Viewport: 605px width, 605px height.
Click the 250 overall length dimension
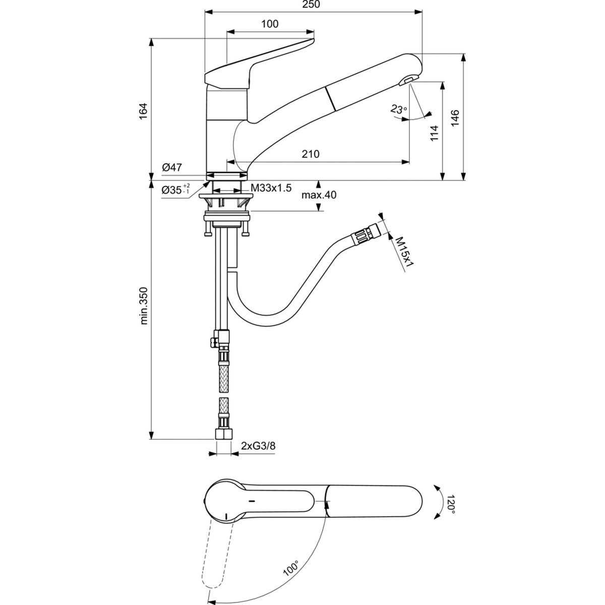pyautogui.click(x=313, y=5)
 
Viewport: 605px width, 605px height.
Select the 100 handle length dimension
pyautogui.click(x=270, y=24)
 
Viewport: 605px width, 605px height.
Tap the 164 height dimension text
pyautogui.click(x=143, y=110)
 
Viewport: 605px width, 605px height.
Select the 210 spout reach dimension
pyautogui.click(x=311, y=154)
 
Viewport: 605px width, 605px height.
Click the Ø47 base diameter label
pyautogui.click(x=171, y=167)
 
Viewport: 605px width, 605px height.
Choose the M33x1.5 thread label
pyautogui.click(x=271, y=188)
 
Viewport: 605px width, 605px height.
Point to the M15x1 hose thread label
pyautogui.click(x=404, y=252)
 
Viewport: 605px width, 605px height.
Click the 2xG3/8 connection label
pyautogui.click(x=258, y=446)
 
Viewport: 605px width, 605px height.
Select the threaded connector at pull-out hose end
pyautogui.click(x=364, y=233)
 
